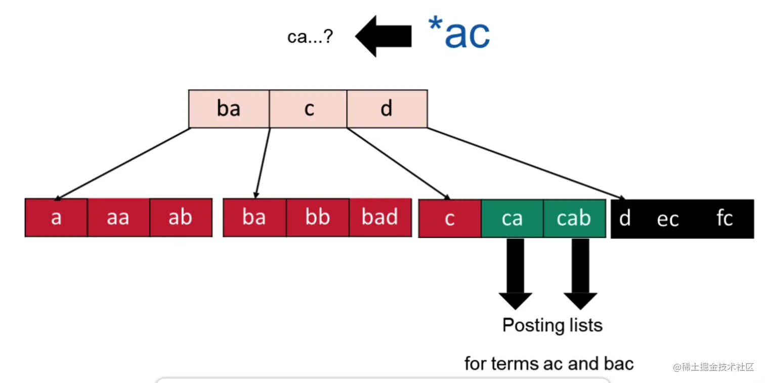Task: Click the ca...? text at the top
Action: [310, 37]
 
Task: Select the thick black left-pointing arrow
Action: [383, 36]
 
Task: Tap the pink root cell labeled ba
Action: [229, 109]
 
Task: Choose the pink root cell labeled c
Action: [309, 109]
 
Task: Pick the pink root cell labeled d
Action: [387, 109]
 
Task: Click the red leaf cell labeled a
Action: [56, 218]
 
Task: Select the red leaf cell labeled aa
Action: [118, 218]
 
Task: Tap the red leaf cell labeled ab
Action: [181, 218]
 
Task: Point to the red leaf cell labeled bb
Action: [317, 218]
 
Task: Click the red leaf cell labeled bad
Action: [379, 218]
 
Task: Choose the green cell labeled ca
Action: [512, 218]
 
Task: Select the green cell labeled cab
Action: [574, 218]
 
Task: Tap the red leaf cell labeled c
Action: [450, 218]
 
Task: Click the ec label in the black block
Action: [667, 219]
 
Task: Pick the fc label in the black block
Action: [725, 218]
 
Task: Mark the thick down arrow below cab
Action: [580, 273]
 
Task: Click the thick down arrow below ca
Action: [515, 273]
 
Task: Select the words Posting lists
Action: [552, 325]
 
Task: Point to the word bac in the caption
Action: [618, 363]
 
